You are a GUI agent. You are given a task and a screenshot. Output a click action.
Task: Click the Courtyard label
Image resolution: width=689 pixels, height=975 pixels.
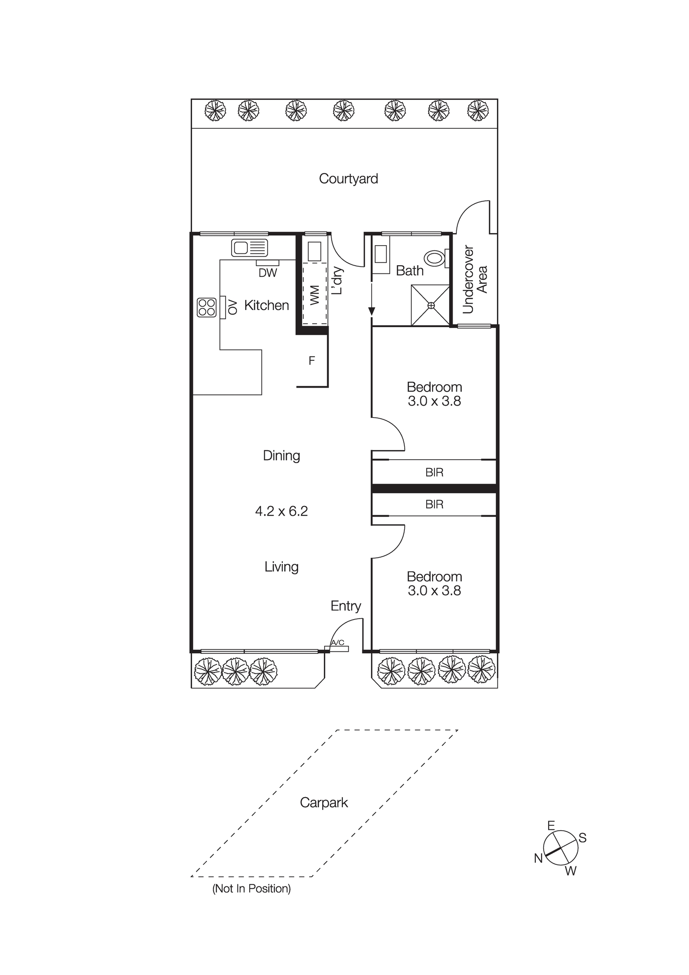pyautogui.click(x=348, y=178)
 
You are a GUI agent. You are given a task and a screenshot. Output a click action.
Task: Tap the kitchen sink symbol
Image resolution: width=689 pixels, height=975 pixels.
pyautogui.click(x=249, y=248)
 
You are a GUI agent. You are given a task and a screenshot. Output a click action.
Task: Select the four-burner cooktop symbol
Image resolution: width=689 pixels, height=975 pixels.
pyautogui.click(x=206, y=308)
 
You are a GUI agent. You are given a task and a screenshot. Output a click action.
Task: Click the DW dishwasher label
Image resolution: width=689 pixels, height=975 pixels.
pyautogui.click(x=268, y=273)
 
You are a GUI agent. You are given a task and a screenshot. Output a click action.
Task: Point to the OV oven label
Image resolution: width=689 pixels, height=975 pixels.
pyautogui.click(x=233, y=307)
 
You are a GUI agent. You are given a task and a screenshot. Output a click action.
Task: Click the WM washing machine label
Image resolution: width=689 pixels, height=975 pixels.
pyautogui.click(x=315, y=295)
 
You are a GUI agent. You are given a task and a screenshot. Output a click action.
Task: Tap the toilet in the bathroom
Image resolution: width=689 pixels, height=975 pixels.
pyautogui.click(x=435, y=258)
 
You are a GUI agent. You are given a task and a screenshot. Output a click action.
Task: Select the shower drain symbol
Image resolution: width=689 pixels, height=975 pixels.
pyautogui.click(x=431, y=305)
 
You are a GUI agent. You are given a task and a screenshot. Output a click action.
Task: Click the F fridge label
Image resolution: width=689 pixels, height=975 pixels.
pyautogui.click(x=312, y=361)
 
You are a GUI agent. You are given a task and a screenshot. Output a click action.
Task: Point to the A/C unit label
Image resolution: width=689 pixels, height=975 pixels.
pyautogui.click(x=337, y=643)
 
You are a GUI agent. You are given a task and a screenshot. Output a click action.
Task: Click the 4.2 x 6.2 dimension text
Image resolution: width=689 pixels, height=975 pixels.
pyautogui.click(x=281, y=511)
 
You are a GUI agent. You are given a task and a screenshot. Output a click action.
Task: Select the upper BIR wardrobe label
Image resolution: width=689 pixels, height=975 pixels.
pyautogui.click(x=434, y=472)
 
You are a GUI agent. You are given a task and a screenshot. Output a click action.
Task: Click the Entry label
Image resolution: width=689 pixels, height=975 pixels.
pyautogui.click(x=346, y=605)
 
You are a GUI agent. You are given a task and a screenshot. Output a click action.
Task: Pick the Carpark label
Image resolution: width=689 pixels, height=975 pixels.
pyautogui.click(x=324, y=802)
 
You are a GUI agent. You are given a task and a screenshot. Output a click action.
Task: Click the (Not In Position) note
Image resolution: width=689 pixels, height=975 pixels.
pyautogui.click(x=251, y=888)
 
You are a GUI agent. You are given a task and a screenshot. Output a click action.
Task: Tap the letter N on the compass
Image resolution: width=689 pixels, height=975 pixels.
pyautogui.click(x=538, y=858)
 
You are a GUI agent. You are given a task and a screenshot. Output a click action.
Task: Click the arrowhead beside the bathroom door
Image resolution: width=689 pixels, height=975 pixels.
pyautogui.click(x=372, y=311)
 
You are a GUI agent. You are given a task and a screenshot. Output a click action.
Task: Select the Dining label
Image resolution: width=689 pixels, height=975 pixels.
pyautogui.click(x=281, y=455)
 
